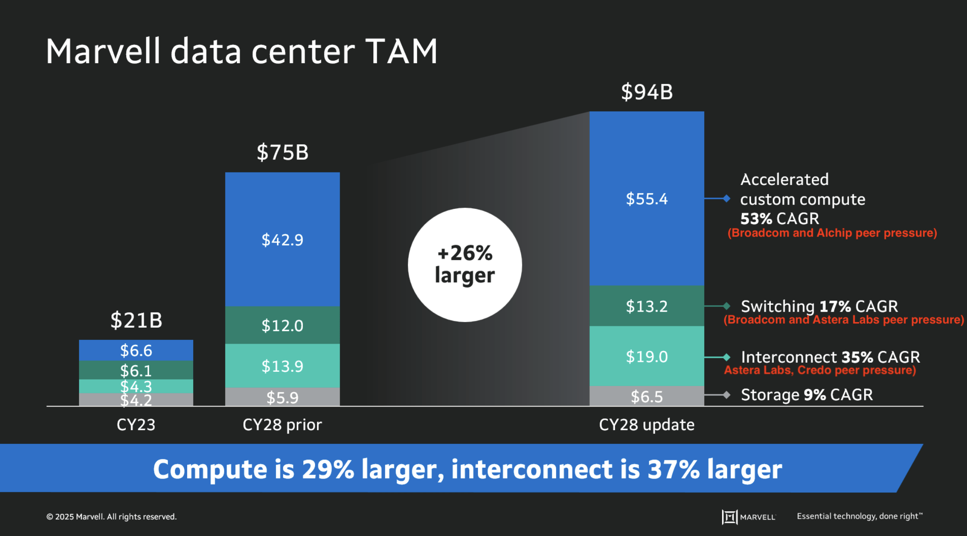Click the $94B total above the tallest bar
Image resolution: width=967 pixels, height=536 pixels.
tap(647, 92)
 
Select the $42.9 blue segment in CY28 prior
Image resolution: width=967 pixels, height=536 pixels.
tap(282, 240)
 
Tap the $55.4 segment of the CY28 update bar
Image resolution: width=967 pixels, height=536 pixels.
tap(647, 199)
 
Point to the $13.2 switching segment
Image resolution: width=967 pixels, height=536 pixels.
tap(647, 306)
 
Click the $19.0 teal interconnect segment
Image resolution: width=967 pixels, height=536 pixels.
tap(647, 357)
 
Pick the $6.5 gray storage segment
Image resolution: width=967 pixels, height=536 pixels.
tap(647, 396)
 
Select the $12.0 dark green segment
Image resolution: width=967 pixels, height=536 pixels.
tap(282, 325)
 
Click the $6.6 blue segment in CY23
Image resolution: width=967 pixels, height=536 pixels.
tap(136, 350)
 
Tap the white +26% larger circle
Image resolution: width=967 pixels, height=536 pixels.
tap(465, 265)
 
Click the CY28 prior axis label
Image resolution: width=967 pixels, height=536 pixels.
tap(282, 425)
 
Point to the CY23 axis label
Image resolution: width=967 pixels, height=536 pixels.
tap(136, 425)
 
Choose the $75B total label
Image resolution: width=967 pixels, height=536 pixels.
tap(283, 152)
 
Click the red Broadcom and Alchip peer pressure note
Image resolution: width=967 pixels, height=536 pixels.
tap(832, 233)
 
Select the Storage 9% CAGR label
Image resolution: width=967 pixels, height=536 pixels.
tap(807, 395)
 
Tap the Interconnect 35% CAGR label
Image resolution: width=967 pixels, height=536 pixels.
tap(830, 357)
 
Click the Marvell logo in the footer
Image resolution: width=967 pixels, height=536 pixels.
tap(748, 517)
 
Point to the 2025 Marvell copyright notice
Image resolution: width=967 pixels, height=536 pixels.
tap(111, 517)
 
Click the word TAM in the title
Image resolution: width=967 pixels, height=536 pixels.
tap(401, 52)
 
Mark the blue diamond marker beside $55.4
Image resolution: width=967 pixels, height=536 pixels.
tap(727, 198)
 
